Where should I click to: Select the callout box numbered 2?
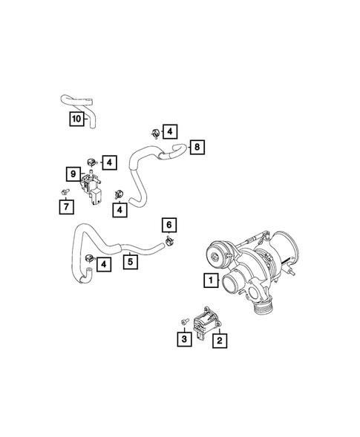coord(219,341)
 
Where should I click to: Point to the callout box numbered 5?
coord(129,261)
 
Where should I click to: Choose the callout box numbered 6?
coord(168,225)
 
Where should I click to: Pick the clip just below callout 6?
coord(170,240)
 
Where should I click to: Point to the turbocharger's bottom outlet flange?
coord(264,305)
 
